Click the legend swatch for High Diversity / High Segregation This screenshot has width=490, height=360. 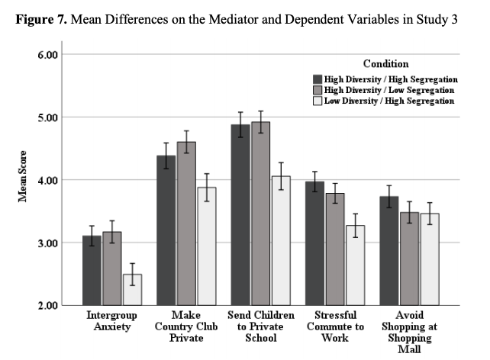tap(318, 79)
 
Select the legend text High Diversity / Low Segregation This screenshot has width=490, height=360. tap(390, 89)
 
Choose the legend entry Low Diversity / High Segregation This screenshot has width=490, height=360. tap(390, 101)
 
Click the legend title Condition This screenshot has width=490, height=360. tap(385, 64)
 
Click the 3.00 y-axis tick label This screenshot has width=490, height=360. tap(48, 243)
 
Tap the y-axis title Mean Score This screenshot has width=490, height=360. tap(24, 180)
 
